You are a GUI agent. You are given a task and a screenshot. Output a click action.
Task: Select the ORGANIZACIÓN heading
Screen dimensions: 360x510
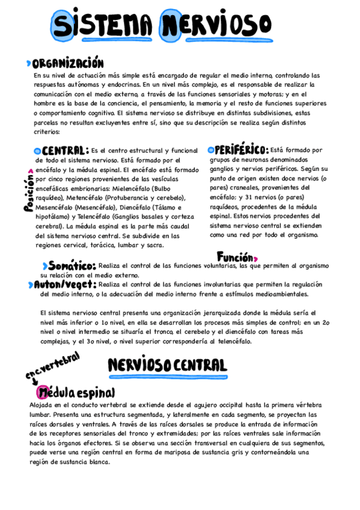[x=68, y=64]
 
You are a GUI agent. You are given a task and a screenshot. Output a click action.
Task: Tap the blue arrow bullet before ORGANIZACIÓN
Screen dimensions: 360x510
[x=29, y=63]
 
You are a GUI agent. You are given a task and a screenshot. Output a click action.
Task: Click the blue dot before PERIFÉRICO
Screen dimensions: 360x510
[x=210, y=150]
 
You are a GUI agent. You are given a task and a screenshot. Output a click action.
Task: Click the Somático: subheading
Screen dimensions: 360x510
[x=72, y=266]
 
